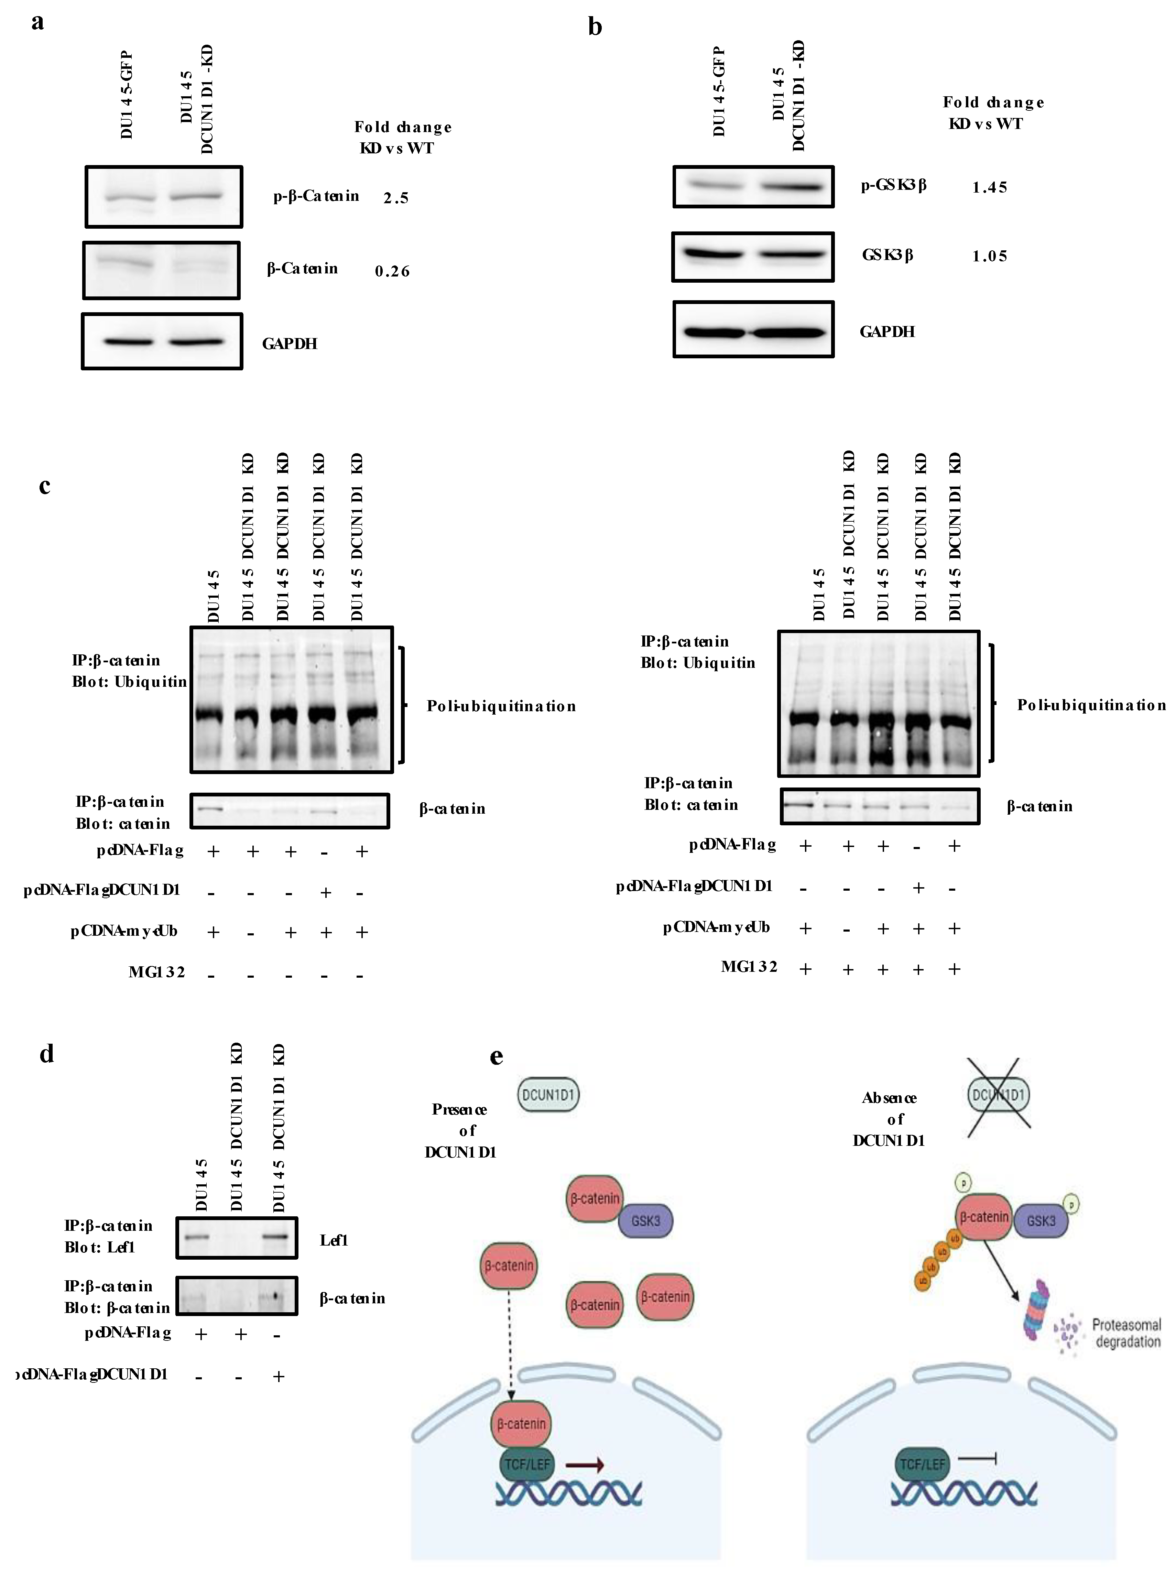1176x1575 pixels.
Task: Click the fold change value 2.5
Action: [x=396, y=198]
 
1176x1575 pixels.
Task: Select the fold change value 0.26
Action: [x=392, y=271]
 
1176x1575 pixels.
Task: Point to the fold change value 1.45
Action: [x=990, y=187]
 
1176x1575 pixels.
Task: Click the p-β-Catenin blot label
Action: [x=316, y=196]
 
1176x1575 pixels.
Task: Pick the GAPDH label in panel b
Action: [x=887, y=331]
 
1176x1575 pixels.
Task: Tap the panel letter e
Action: [x=496, y=1056]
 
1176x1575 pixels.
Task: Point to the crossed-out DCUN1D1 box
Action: [x=999, y=1094]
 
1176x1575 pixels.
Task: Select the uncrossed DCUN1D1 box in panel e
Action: [x=548, y=1094]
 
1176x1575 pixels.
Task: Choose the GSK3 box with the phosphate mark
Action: [x=1041, y=1220]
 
